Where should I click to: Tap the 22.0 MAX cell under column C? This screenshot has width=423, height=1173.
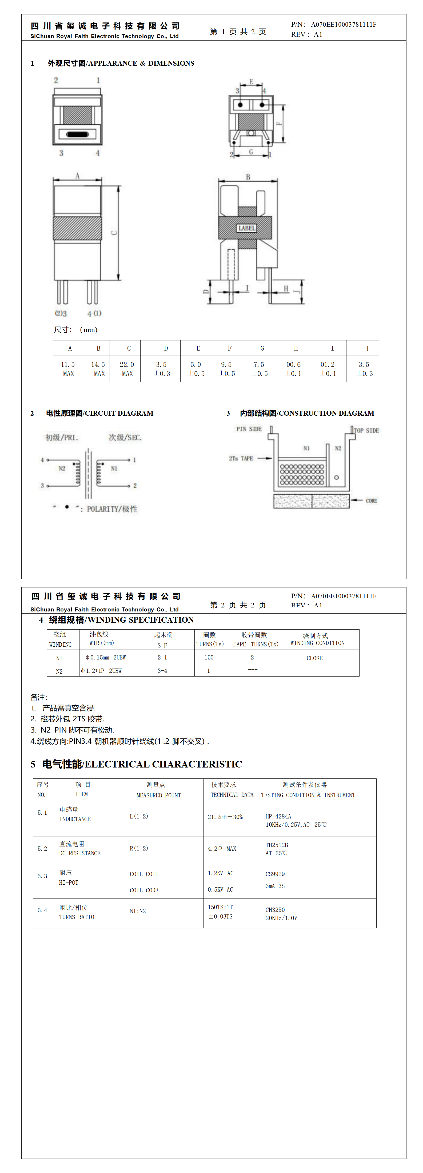(x=127, y=369)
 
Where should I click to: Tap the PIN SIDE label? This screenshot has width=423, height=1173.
(x=249, y=429)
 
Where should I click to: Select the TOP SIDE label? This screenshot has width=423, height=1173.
(x=366, y=430)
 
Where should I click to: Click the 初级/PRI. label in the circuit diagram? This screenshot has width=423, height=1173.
(x=62, y=438)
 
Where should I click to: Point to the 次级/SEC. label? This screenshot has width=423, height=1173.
(x=125, y=438)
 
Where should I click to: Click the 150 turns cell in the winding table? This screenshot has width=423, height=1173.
(x=209, y=657)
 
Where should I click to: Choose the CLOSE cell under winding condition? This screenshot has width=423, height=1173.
(x=314, y=658)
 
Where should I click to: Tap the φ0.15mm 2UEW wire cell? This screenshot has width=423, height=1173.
(x=106, y=657)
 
